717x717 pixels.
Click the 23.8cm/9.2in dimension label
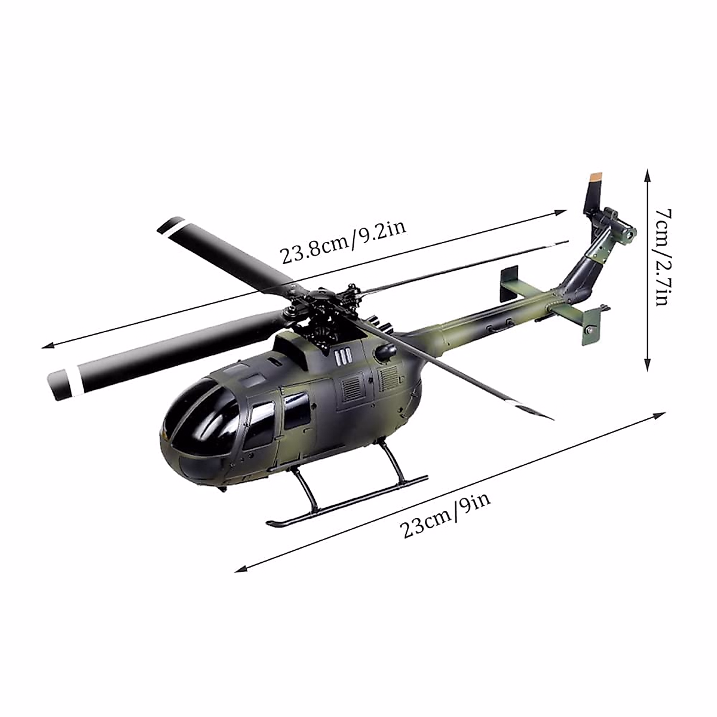point(343,242)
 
